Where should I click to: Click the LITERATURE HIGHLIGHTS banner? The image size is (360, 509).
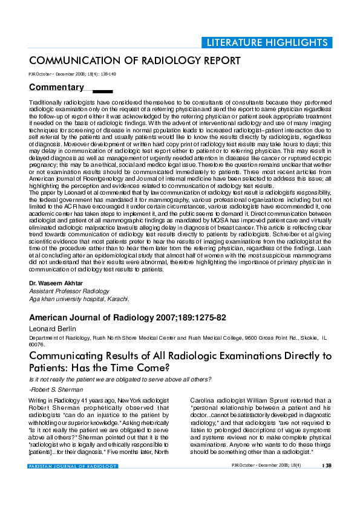coord(267,42)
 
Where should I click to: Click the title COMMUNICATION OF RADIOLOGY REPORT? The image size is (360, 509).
coord(135,61)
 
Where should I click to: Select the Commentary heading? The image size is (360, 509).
coord(56,87)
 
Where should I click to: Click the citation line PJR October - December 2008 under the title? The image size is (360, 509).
coord(72,73)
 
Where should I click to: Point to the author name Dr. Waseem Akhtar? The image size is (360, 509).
coord(56,284)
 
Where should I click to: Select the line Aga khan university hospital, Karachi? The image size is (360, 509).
coord(79,299)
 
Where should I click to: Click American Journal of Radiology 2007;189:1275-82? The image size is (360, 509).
coord(128,318)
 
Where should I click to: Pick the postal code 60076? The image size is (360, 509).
coord(37,345)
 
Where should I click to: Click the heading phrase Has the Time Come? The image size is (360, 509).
coord(106,368)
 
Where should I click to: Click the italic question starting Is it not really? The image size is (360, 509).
coord(120,379)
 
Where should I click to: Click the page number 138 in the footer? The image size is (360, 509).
coord(327,465)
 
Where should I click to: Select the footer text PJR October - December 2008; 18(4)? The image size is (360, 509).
coord(266,465)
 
